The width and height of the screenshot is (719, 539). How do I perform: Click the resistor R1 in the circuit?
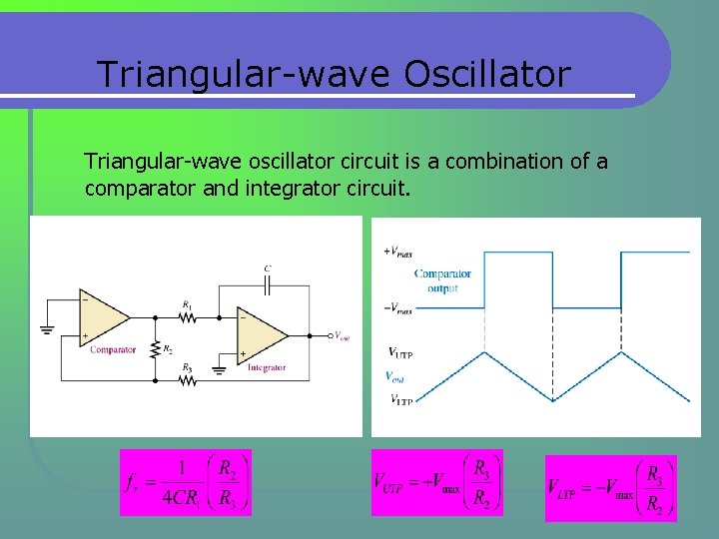[x=187, y=317]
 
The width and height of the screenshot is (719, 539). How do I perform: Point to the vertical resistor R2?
[x=155, y=348]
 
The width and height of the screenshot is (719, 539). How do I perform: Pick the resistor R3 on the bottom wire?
[x=187, y=379]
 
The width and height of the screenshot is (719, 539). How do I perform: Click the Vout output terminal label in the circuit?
[x=341, y=335]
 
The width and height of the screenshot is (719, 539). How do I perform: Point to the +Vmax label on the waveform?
[x=397, y=252]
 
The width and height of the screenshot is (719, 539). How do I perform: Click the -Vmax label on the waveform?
[x=397, y=308]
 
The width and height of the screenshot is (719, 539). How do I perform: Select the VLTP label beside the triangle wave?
[x=399, y=400]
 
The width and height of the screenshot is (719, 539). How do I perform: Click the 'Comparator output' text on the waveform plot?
[x=442, y=280]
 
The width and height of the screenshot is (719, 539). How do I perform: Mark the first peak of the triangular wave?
[x=484, y=351]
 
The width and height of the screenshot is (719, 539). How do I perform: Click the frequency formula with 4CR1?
[x=186, y=482]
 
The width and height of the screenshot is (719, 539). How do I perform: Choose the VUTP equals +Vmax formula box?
[x=436, y=482]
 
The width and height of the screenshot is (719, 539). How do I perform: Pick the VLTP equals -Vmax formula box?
[x=610, y=488]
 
